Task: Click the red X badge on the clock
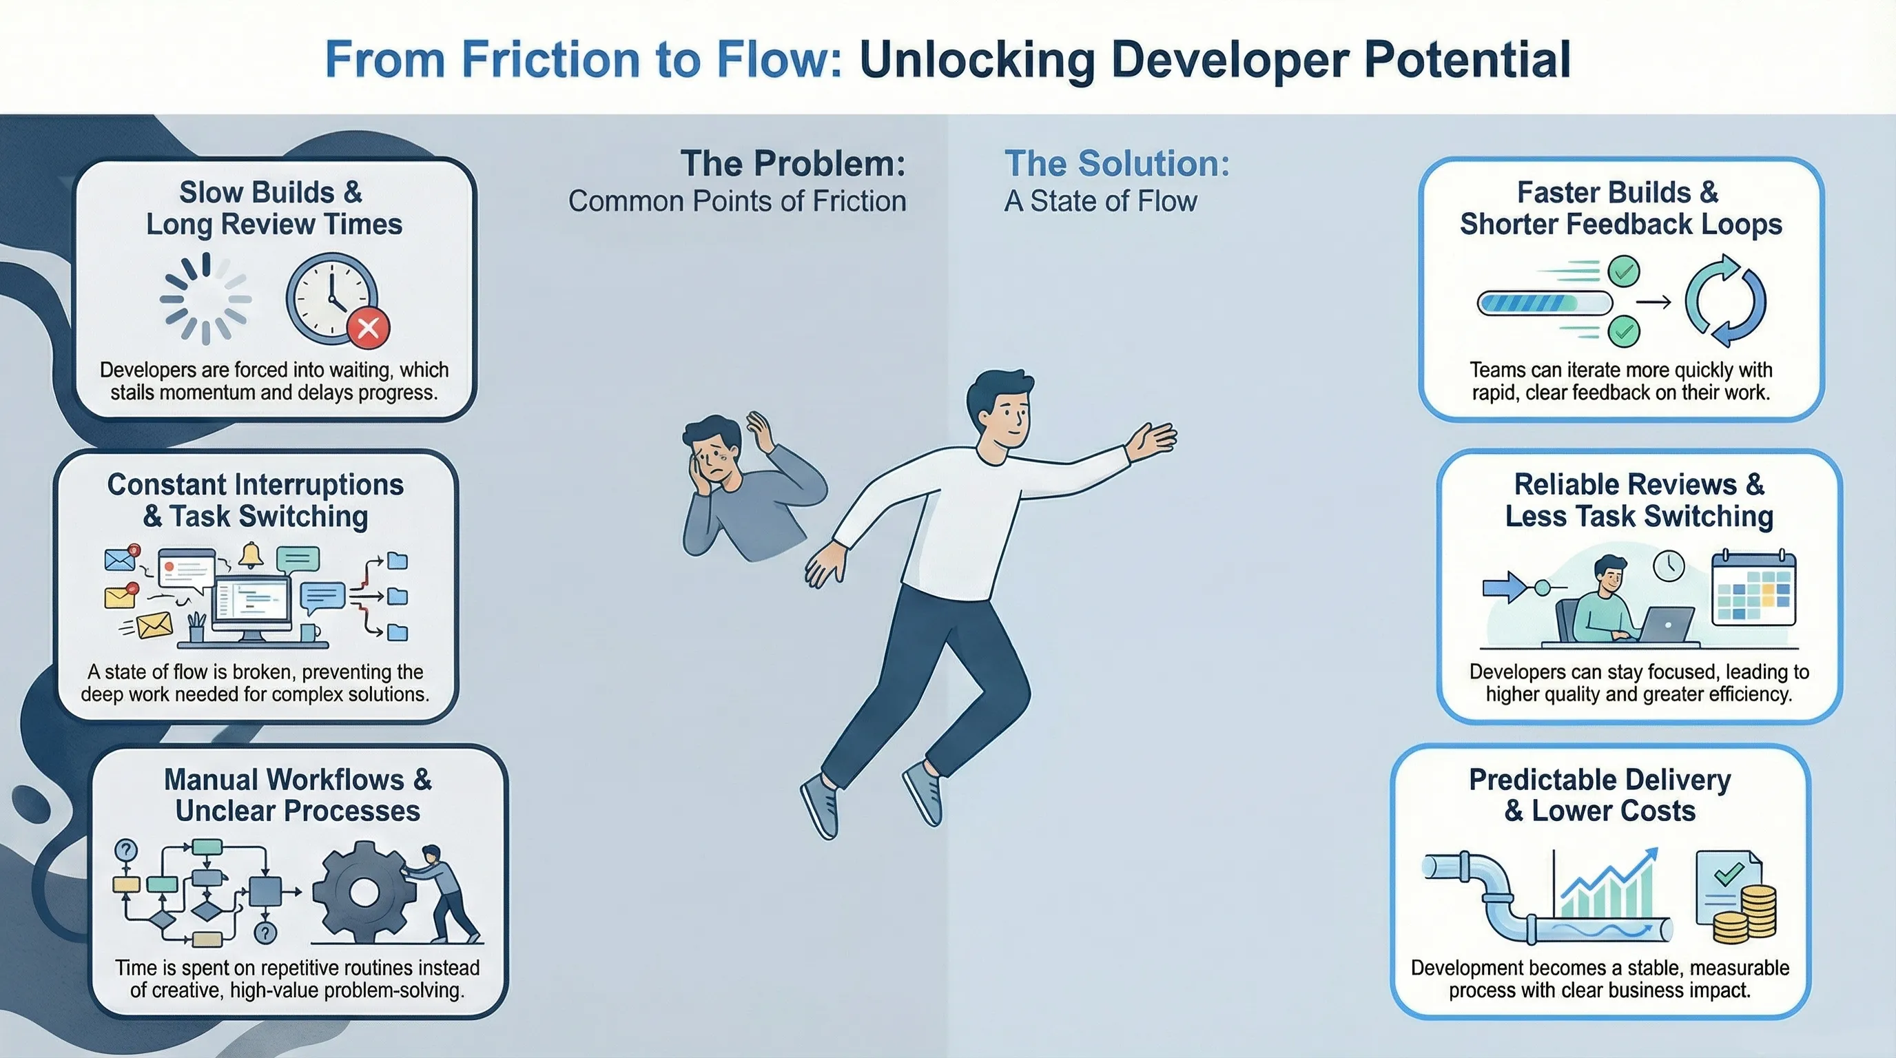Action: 368,327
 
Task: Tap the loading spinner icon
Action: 205,299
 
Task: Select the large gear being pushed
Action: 362,892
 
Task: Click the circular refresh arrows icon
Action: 1725,300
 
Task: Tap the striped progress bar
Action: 1544,302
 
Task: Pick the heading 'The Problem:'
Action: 793,163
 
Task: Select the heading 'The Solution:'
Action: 1117,163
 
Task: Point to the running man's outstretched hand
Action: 1154,439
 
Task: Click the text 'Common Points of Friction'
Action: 736,202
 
